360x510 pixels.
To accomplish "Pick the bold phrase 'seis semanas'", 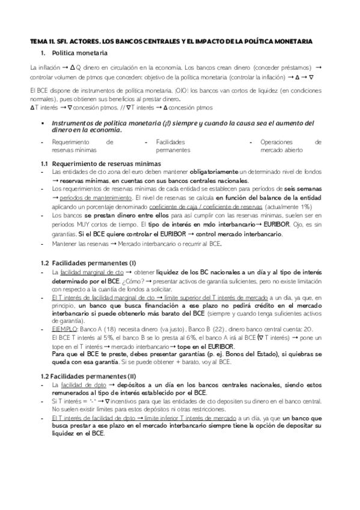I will point(301,189).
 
